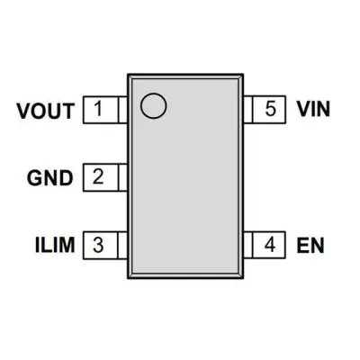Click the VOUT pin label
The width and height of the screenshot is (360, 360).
tap(46, 111)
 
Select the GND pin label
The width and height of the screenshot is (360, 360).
tap(50, 178)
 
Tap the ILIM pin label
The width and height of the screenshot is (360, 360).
tap(55, 245)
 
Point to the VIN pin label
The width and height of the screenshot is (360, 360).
tap(313, 109)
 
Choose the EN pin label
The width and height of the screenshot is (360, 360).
tap(310, 246)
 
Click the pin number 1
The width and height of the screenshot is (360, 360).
tap(98, 109)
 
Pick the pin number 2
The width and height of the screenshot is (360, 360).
tap(98, 176)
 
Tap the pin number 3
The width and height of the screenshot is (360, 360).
tap(98, 245)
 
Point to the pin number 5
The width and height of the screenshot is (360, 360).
tap(270, 109)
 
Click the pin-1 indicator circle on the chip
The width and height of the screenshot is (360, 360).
tap(154, 105)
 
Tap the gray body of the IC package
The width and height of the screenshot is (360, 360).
tap(185, 176)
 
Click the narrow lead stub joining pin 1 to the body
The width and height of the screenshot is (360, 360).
tap(123, 110)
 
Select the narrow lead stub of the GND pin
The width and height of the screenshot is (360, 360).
tap(123, 177)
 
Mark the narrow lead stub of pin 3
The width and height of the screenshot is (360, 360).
tap(123, 245)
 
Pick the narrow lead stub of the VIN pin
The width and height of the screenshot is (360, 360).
tap(247, 110)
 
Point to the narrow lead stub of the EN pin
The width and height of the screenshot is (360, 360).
tap(247, 245)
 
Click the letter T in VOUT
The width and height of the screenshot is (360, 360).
tap(68, 111)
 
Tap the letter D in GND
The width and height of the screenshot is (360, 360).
tap(67, 178)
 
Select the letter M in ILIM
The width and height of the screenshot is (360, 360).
tap(67, 245)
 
